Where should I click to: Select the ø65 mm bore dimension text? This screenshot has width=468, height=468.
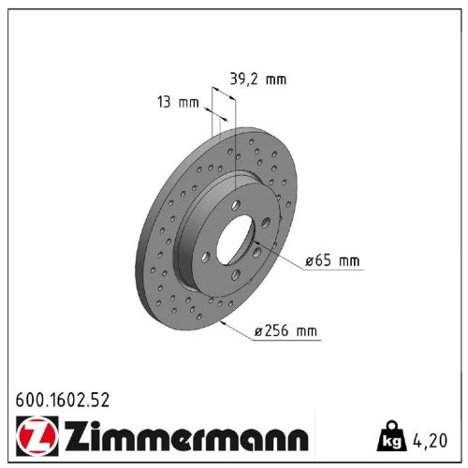(x=332, y=261)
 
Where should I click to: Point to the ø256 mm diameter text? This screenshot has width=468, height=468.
(x=286, y=329)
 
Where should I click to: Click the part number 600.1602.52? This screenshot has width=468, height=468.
(x=63, y=400)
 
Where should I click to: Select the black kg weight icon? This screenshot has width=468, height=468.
(x=389, y=436)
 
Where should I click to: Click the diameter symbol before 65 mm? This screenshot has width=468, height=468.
(x=310, y=261)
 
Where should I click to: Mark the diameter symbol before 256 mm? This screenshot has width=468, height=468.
(x=259, y=329)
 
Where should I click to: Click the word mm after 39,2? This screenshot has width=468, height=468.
(x=275, y=80)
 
